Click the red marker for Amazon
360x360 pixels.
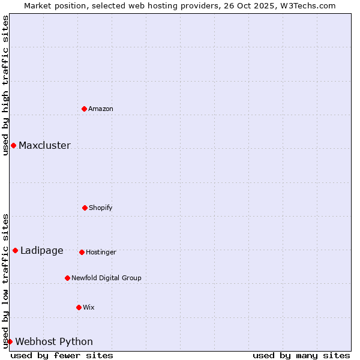point(84,109)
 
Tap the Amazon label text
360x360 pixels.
point(101,109)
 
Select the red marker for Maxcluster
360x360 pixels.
point(13,145)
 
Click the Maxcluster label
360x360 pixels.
point(44,146)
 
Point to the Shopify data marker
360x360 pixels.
point(85,208)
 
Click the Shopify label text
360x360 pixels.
point(101,208)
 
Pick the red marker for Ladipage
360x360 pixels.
point(15,250)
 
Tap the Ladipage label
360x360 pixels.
point(42,251)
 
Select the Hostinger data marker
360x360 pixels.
point(82,252)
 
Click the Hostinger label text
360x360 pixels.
point(101,253)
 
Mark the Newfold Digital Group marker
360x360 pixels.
point(67,278)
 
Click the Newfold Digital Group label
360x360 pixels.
point(106,278)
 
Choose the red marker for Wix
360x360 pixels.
point(79,307)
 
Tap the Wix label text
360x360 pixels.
point(89,308)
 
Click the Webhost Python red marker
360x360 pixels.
point(10,341)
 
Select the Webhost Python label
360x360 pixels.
point(54,342)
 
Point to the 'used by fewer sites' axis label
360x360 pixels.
point(62,356)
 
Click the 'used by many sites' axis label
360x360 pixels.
point(301,356)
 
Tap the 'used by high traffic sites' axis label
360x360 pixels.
point(5,85)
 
